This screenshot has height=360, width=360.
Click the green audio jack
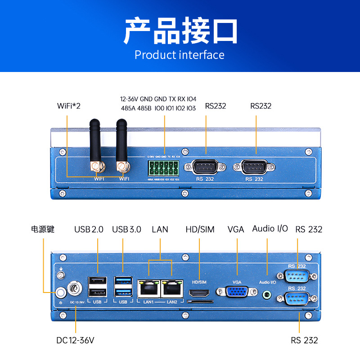click(267, 295)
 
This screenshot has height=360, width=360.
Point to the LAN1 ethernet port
click(148, 288)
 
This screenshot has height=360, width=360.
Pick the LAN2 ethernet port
click(172, 288)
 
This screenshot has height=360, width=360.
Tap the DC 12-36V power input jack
click(73, 288)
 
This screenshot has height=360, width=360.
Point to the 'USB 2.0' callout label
click(89, 229)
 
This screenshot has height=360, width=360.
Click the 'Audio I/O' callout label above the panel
click(270, 229)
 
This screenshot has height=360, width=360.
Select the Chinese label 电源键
click(43, 229)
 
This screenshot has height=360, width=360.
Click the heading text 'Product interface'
click(180, 55)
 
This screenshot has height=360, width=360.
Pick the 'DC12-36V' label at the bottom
click(76, 340)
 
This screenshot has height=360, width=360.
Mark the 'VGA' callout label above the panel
click(236, 229)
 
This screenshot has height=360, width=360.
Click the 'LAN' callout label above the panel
click(160, 229)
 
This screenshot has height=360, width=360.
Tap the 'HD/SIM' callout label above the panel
click(200, 229)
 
